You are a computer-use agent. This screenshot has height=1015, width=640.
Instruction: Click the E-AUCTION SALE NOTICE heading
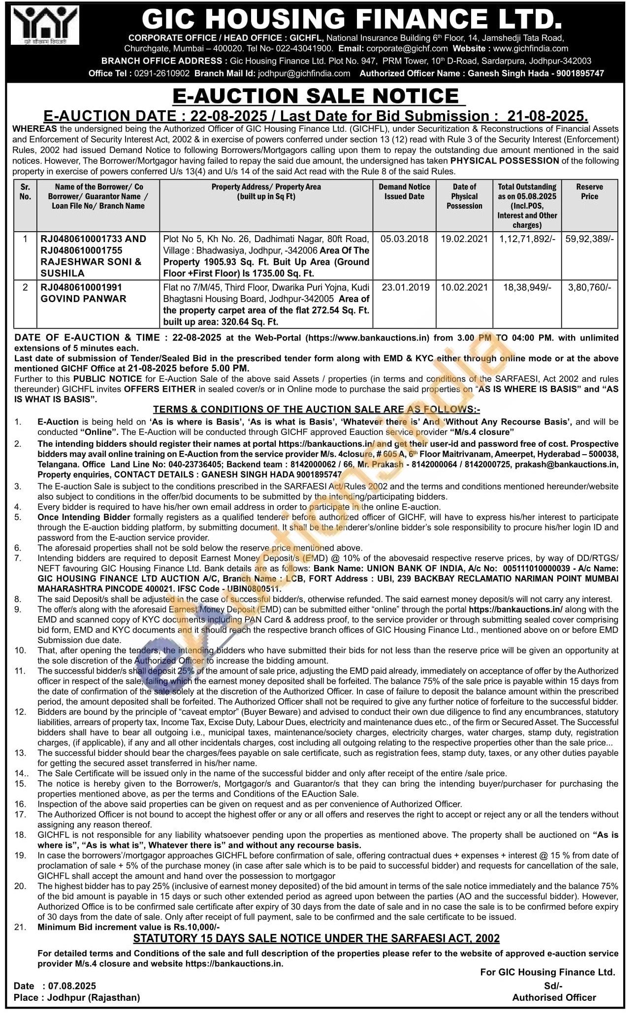pyautogui.click(x=319, y=96)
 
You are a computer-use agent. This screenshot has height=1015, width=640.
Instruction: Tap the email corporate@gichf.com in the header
pyautogui.click(x=407, y=49)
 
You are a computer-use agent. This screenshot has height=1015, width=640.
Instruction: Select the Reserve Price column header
pyautogui.click(x=589, y=191)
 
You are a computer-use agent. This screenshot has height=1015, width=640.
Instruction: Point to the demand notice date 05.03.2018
pyautogui.click(x=404, y=239)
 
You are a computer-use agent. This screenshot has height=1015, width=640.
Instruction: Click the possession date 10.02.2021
pyautogui.click(x=464, y=287)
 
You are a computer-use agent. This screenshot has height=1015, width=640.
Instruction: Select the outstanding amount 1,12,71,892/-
pyautogui.click(x=527, y=239)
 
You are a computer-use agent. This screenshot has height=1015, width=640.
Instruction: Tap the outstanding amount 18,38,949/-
pyautogui.click(x=527, y=287)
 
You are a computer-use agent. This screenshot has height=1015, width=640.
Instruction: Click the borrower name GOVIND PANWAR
pyautogui.click(x=84, y=299)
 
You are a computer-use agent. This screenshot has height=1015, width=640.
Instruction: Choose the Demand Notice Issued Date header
pyautogui.click(x=404, y=191)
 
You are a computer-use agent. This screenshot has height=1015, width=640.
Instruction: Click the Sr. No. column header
pyautogui.click(x=25, y=191)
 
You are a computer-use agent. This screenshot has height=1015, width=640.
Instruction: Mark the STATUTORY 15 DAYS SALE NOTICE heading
pyautogui.click(x=317, y=938)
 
